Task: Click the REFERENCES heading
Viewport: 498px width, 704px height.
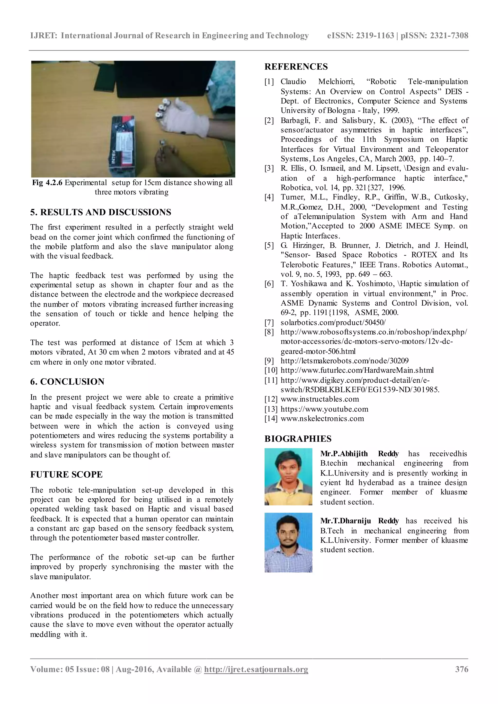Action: pos(296,67)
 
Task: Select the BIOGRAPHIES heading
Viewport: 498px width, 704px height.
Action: pos(298,439)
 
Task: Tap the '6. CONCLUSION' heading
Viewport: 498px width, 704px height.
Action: pos(67,381)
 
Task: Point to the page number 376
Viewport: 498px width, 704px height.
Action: pos(462,669)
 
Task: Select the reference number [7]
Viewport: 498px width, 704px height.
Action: pos(269,322)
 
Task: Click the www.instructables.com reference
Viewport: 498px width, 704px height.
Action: pos(320,399)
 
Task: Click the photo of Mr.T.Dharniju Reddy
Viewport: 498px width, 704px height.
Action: pos(288,543)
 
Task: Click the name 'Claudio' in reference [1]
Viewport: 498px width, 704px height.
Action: pos(293,82)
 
